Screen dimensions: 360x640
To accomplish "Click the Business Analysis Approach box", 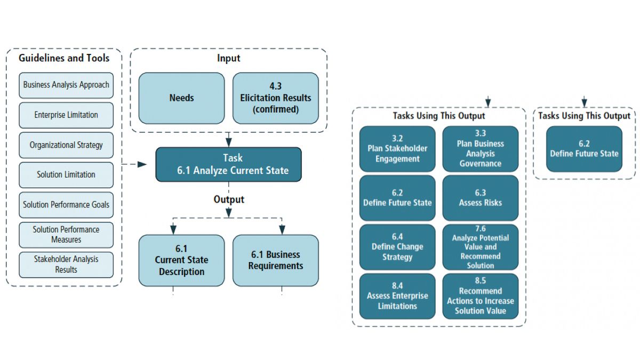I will tap(66, 85).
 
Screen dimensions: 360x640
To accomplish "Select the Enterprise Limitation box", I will tap(66, 115).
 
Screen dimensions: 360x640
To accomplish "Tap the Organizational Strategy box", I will tap(66, 145).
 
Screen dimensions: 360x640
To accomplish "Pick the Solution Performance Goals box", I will tap(66, 205).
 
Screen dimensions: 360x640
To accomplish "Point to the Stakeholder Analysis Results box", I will tap(66, 265).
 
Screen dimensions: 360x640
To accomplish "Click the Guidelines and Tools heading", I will tap(64, 58).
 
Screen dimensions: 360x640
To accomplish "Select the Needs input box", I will tap(181, 98).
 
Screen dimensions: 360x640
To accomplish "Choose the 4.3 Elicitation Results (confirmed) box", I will tap(276, 98).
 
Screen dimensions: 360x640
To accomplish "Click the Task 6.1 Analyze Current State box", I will tap(228, 164).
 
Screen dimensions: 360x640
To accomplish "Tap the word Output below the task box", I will tap(229, 199).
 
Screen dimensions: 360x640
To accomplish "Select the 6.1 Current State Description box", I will tap(181, 260).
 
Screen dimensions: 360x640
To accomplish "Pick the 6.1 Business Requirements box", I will tap(276, 260).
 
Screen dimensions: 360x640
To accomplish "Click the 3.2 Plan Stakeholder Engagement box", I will tap(397, 149).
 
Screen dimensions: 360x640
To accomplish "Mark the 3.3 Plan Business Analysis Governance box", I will tap(481, 149).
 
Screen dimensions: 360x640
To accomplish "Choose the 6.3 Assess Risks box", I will tap(481, 198).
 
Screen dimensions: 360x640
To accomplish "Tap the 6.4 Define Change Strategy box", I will tap(397, 247).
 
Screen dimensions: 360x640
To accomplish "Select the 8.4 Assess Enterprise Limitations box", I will tap(397, 296).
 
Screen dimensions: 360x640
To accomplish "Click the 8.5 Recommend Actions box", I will tap(481, 296).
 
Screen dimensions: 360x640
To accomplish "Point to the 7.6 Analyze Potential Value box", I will tap(481, 247).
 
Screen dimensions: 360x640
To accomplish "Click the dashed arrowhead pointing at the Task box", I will tap(142, 164).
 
